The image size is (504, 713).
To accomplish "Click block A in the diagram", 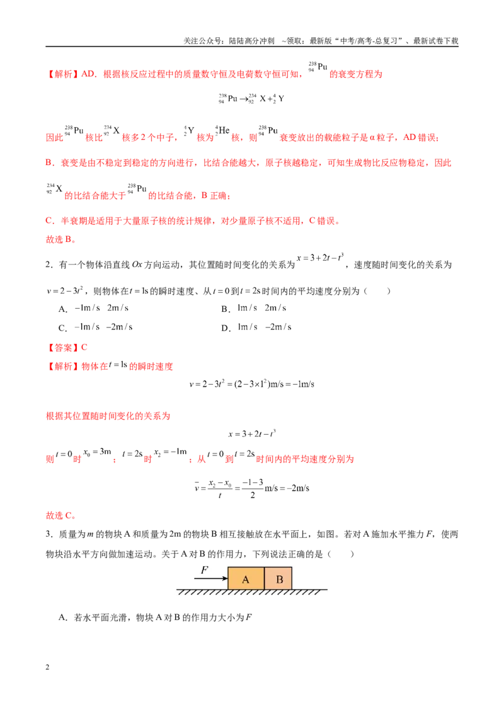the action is click(x=246, y=578).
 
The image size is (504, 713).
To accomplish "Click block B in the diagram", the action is click(x=278, y=578).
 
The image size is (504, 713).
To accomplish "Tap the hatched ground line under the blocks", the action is click(x=251, y=592).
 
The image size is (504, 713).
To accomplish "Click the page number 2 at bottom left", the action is click(x=47, y=667).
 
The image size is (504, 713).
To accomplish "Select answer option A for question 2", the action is click(x=94, y=308).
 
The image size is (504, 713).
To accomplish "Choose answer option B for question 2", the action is click(x=254, y=308).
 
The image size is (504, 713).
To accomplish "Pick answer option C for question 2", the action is click(x=96, y=328).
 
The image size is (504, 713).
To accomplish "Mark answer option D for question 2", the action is click(x=256, y=328).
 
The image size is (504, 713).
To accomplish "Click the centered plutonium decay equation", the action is click(x=251, y=99).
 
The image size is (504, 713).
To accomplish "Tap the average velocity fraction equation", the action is click(x=251, y=488).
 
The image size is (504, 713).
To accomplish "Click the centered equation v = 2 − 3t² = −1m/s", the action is click(x=251, y=384).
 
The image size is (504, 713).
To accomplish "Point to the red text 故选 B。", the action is click(x=61, y=239).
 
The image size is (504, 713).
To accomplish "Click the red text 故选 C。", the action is click(x=61, y=516).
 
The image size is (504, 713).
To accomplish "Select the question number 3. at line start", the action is click(x=49, y=534).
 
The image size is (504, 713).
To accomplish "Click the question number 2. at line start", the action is click(x=49, y=265).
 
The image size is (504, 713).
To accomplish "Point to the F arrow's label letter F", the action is click(x=205, y=570).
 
